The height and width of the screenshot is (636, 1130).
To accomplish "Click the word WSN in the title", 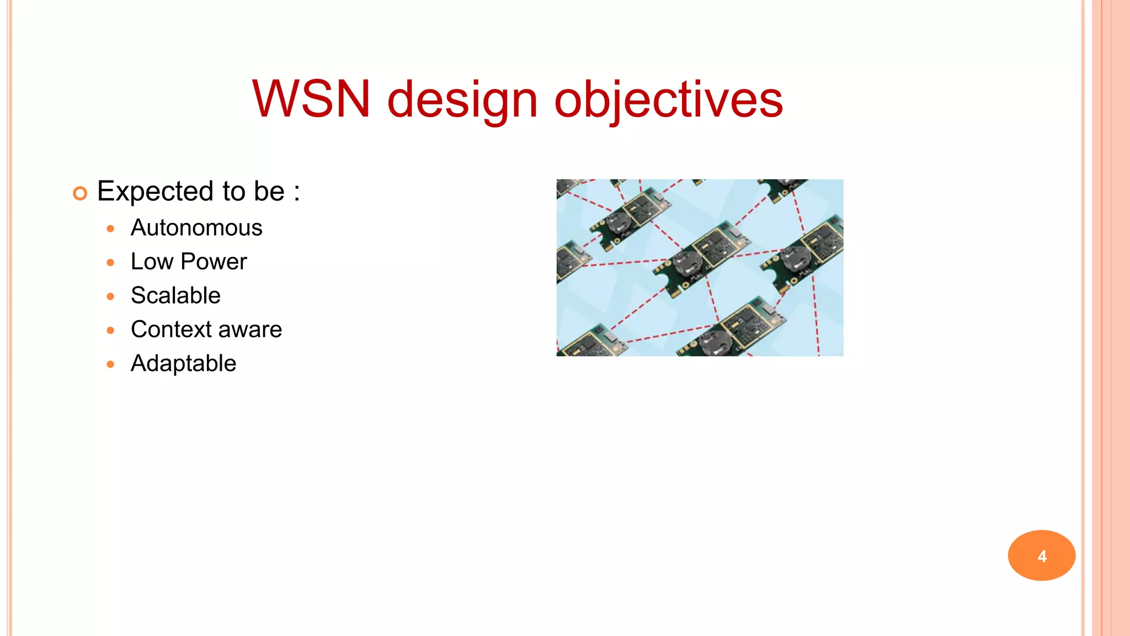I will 311,99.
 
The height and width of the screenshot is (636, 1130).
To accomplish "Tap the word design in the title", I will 462,100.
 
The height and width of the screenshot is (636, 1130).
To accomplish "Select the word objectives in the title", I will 668,100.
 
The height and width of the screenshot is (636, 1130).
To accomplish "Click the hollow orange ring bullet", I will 80,193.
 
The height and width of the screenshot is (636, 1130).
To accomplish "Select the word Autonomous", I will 196,227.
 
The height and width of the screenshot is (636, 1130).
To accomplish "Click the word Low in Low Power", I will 152,261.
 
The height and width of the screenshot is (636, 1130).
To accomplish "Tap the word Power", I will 214,261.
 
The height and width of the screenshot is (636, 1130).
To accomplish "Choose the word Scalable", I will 175,295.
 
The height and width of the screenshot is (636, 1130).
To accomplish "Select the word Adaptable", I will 183,363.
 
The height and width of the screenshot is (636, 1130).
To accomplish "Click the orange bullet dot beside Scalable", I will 110,296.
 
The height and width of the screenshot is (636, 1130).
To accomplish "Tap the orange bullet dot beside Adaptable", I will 110,364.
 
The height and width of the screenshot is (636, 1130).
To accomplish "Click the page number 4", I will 1042,556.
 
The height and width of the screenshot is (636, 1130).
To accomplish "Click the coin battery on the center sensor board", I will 688,264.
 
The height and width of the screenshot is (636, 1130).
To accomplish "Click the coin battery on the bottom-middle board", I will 716,343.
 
